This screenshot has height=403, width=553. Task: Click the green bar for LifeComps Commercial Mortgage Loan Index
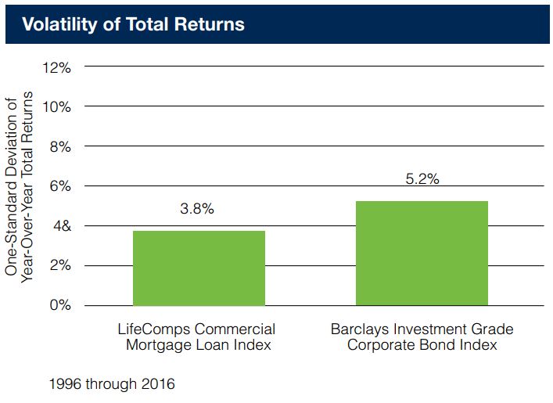pos(199,268)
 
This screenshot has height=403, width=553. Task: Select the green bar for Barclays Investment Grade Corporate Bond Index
pos(422,253)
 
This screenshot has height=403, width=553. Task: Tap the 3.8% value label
pos(197,209)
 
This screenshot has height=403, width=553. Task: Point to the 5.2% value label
pos(422,179)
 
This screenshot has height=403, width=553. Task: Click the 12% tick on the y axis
pos(57,67)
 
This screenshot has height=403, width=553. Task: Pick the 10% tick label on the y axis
pos(57,106)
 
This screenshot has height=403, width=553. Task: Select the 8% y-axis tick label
pos(60,146)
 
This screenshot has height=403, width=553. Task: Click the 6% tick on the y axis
pos(60,186)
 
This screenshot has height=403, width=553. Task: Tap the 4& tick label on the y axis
pos(60,226)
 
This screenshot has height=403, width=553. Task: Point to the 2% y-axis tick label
pos(60,265)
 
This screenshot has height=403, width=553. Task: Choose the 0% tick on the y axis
pos(60,305)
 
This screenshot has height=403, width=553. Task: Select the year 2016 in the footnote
pos(160,384)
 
